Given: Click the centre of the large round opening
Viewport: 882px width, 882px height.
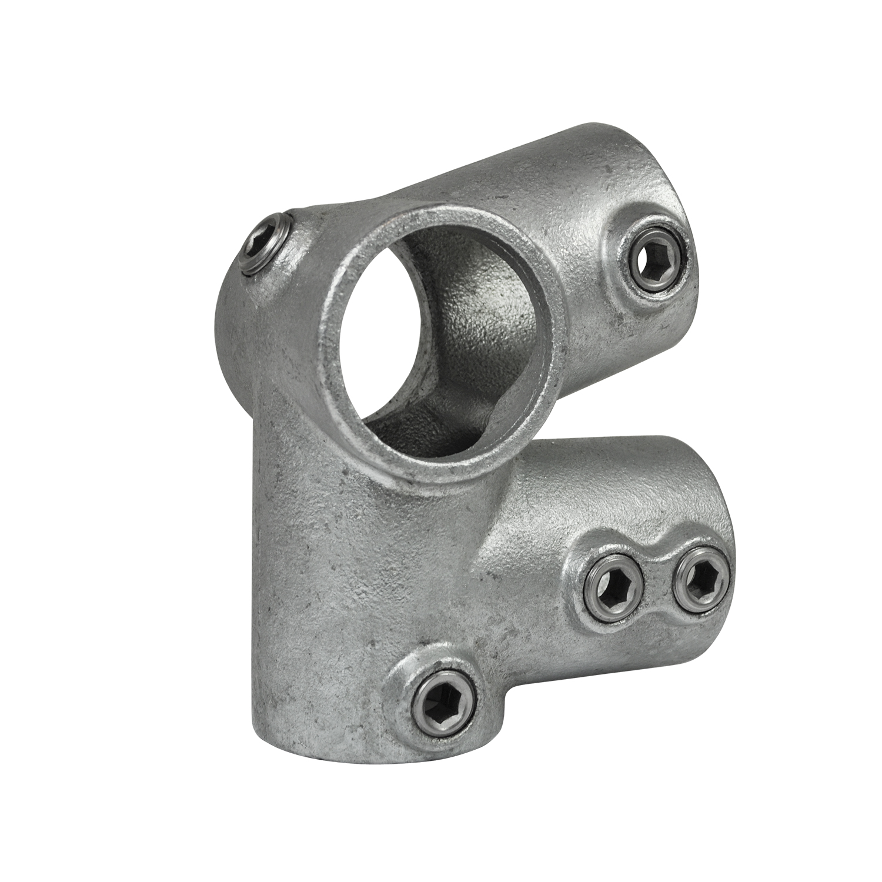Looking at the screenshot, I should click(x=435, y=341).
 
